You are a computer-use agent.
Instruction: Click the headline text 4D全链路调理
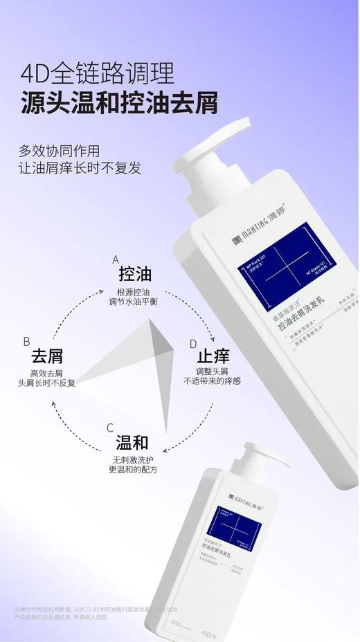pyautogui.click(x=97, y=72)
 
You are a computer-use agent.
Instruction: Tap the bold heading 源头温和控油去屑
pyautogui.click(x=118, y=102)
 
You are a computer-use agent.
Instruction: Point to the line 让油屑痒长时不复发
pyautogui.click(x=80, y=168)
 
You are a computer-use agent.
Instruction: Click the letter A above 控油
pyautogui.click(x=116, y=259)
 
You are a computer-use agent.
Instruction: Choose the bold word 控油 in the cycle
pyautogui.click(x=135, y=274)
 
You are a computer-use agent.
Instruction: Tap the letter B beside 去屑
pyautogui.click(x=26, y=341)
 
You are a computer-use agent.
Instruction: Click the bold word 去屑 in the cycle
pyautogui.click(x=47, y=356)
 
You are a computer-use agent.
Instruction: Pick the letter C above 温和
pyautogui.click(x=109, y=428)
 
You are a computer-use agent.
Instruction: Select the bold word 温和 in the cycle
pyautogui.click(x=132, y=443)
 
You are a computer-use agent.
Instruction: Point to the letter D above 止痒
pyautogui.click(x=193, y=344)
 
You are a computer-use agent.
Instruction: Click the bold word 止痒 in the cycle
pyautogui.click(x=213, y=357)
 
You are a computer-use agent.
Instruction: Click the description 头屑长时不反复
pyautogui.click(x=47, y=383)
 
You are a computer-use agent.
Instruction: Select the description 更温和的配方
pyautogui.click(x=132, y=469)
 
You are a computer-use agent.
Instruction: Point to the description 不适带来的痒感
pyautogui.click(x=212, y=381)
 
